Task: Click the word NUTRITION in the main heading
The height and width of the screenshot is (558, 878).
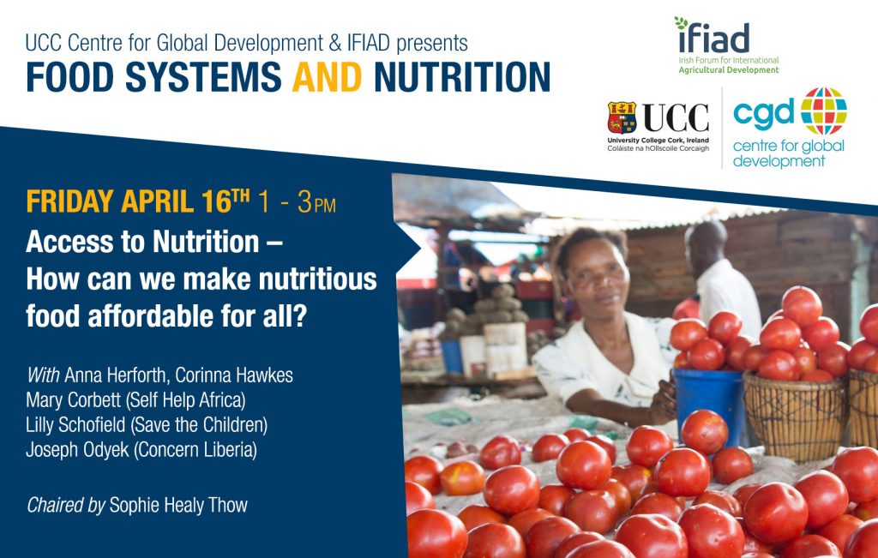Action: tap(461, 77)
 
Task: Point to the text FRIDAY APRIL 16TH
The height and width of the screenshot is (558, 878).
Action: tap(138, 201)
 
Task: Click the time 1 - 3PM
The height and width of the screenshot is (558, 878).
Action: tap(297, 203)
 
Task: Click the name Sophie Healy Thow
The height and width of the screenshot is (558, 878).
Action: tap(178, 505)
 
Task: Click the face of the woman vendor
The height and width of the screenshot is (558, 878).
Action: tap(598, 275)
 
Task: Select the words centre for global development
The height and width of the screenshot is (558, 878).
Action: tap(788, 153)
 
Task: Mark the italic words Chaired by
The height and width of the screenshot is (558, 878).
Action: tap(65, 505)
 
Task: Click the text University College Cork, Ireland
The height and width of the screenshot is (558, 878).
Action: tap(658, 140)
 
